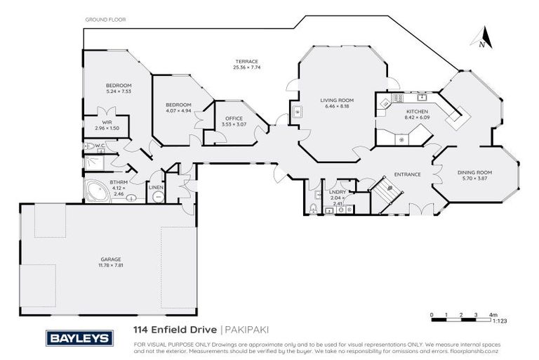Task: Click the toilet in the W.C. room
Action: pyautogui.click(x=89, y=146)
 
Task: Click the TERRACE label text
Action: pyautogui.click(x=246, y=62)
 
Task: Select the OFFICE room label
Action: pyautogui.click(x=234, y=119)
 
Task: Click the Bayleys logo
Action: pyautogui.click(x=79, y=338)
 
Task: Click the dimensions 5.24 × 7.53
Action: pyautogui.click(x=119, y=91)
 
